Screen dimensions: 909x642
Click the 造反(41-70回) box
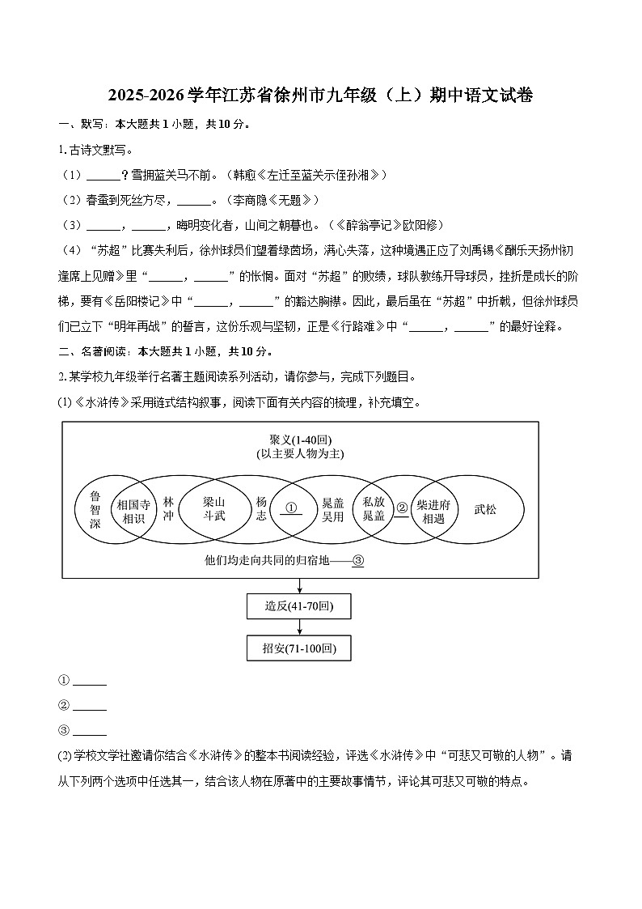299,605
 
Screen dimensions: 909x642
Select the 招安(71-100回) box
299,648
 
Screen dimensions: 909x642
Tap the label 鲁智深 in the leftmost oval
95,509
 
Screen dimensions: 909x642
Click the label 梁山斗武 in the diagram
214,508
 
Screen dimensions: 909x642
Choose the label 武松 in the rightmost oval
485,509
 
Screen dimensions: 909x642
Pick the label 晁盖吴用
333,509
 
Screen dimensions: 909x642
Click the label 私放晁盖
374,509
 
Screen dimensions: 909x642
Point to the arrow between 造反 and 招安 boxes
299,627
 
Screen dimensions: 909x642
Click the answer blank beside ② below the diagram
90,706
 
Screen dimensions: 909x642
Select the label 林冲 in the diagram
168,509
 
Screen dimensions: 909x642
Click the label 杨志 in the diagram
260,509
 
